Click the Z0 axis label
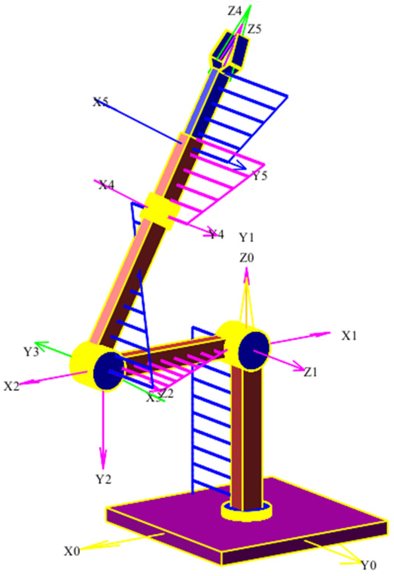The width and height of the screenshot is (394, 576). pos(246,258)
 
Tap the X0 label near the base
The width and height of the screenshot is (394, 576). pos(72,551)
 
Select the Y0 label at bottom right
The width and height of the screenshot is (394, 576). pos(368,565)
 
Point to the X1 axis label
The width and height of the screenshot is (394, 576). pos(349,336)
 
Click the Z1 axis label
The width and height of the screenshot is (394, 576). pos(310,372)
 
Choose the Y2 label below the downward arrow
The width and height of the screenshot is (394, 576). pos(103,479)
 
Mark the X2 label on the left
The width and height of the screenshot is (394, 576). pos(11,386)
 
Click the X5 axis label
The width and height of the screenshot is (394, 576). pos(100,102)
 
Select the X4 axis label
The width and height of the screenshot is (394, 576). pos(107,185)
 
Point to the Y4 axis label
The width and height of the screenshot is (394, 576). pos(217,234)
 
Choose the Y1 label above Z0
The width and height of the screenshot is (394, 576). pos(246,237)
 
